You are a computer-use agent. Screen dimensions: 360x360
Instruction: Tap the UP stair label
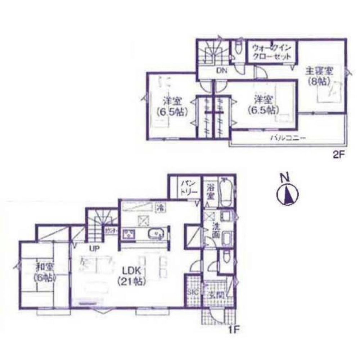click(95, 248)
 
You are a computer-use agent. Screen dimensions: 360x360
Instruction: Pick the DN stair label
click(221, 71)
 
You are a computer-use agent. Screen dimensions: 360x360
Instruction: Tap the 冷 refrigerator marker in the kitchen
click(159, 207)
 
